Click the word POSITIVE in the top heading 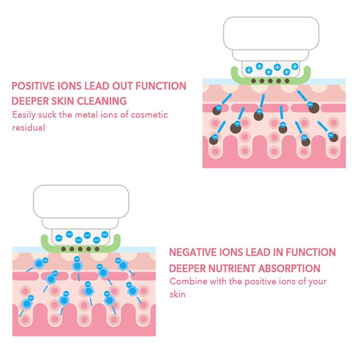pos(33,86)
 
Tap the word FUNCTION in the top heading pos(161,86)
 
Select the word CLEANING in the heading pos(102,101)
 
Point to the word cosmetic pos(149,115)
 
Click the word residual pos(28,128)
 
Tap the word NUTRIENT pos(232,268)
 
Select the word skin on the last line pos(177,294)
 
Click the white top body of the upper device pos(271,33)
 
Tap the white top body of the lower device pos(81,201)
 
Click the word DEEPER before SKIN pos(30,101)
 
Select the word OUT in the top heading pos(122,86)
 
